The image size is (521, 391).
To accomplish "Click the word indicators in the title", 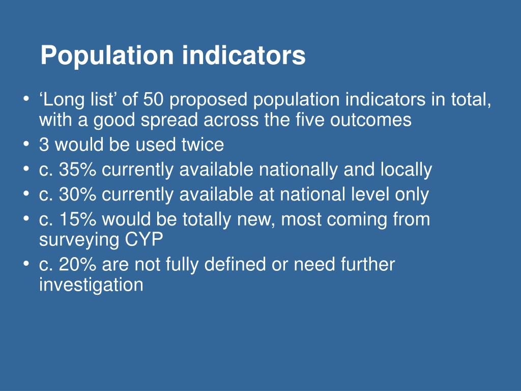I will [244, 55].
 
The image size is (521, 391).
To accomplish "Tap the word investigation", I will [91, 285].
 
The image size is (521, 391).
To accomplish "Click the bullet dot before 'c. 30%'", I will [25, 194].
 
